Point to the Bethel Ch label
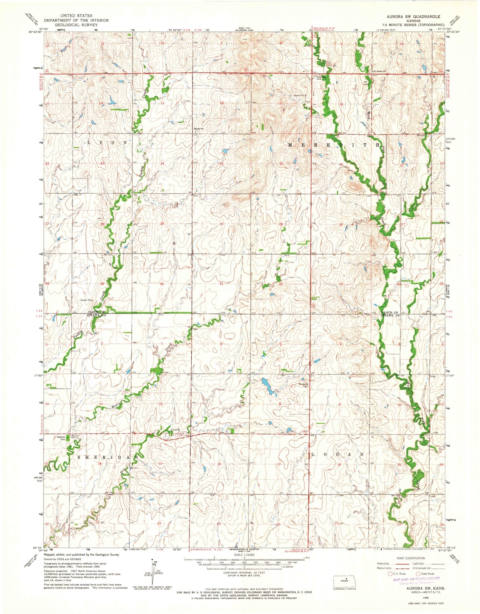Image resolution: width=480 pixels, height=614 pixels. point(198,129)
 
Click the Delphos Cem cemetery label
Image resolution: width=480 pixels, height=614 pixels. point(61,437)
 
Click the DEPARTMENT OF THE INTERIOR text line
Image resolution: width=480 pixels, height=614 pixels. point(76,20)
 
